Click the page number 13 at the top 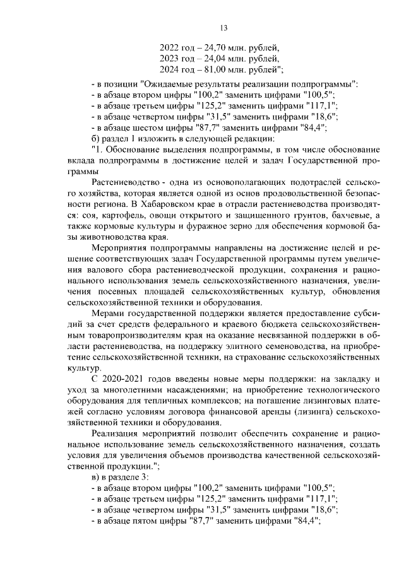223,27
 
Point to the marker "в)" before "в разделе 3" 97,477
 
